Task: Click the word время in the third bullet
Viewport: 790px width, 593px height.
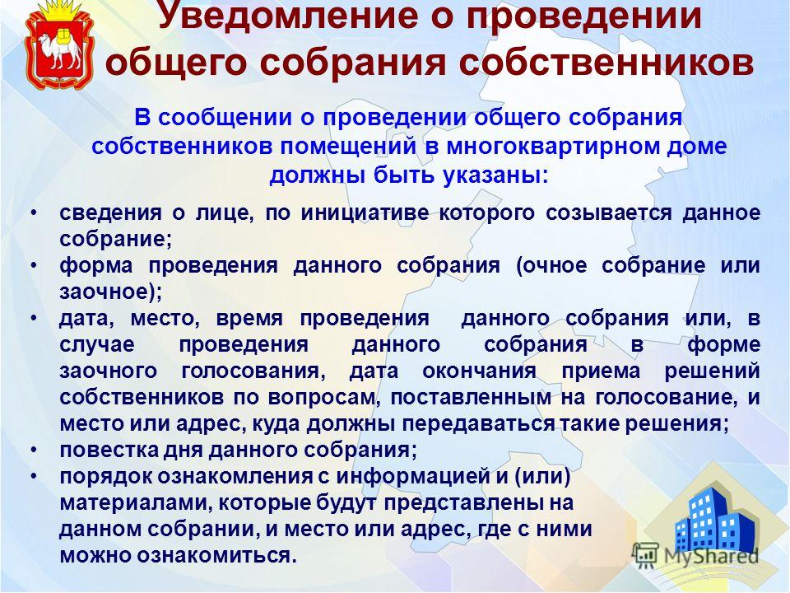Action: point(249,319)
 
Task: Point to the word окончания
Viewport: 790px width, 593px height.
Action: point(479,371)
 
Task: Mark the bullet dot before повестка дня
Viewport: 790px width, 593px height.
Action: point(34,449)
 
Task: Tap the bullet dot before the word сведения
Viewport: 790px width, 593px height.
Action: point(34,212)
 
